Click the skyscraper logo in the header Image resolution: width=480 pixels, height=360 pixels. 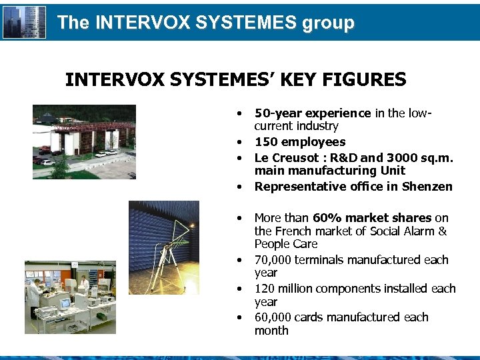coord(25,22)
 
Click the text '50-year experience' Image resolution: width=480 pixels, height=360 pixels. coord(313,113)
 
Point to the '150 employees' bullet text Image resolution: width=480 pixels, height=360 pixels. coord(300,142)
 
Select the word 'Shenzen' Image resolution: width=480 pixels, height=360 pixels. coord(427,187)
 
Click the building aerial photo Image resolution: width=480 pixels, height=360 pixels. coord(84,141)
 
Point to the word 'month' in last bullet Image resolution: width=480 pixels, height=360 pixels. coord(271,331)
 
